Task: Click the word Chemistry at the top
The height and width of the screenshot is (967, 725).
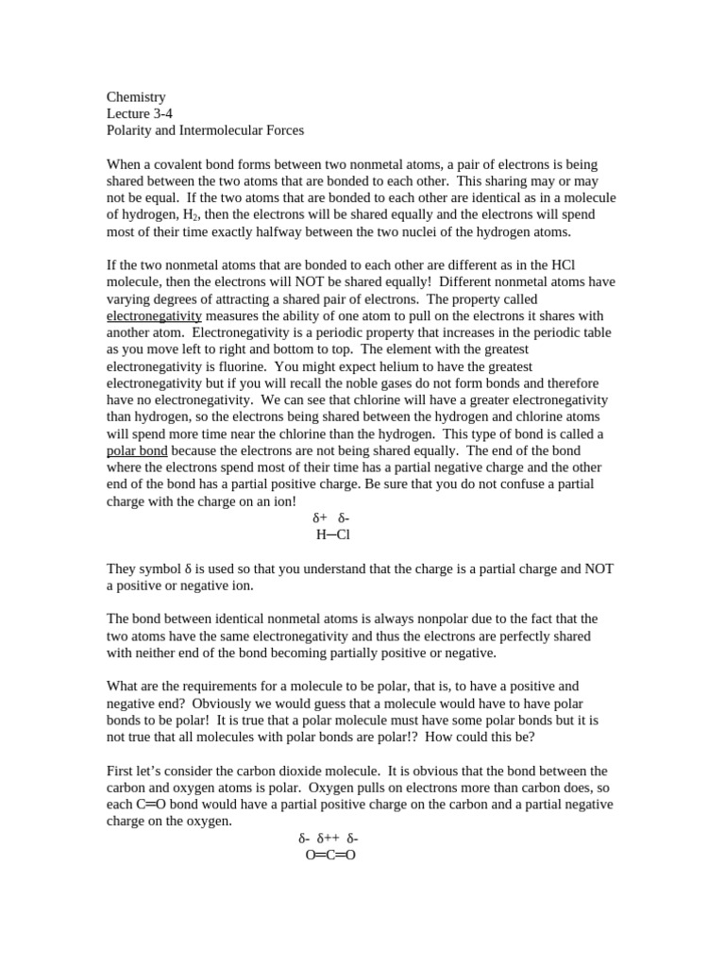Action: [x=136, y=97]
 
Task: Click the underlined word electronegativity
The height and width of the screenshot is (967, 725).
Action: [x=154, y=316]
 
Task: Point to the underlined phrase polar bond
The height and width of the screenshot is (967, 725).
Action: [x=137, y=451]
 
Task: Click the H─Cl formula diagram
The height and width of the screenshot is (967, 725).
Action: [x=332, y=535]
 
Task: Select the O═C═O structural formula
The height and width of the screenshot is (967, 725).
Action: [x=330, y=856]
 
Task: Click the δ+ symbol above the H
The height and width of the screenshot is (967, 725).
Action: [x=319, y=518]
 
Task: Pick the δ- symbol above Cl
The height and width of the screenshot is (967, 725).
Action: [x=344, y=518]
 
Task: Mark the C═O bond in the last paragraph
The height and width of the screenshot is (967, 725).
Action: [x=150, y=806]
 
